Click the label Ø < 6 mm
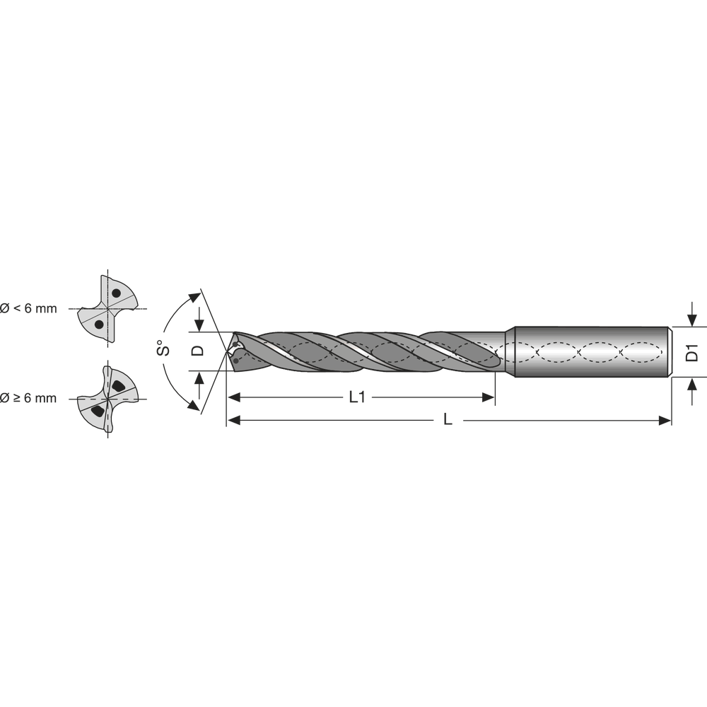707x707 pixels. (28, 308)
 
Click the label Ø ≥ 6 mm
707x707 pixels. (28, 399)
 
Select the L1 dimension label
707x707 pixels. (357, 397)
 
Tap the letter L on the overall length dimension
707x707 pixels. (447, 420)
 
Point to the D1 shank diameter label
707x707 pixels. (692, 352)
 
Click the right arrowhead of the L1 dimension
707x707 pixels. (489, 397)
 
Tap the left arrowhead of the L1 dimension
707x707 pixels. (233, 397)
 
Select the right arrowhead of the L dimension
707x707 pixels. (665, 421)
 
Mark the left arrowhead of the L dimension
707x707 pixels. (233, 421)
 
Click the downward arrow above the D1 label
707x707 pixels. (692, 317)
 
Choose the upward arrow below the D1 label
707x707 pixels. (692, 386)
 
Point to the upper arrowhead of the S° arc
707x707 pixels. (194, 296)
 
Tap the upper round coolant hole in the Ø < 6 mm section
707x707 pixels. (115, 293)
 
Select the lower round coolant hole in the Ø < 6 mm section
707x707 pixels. (99, 324)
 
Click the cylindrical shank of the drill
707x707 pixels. (590, 351)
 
